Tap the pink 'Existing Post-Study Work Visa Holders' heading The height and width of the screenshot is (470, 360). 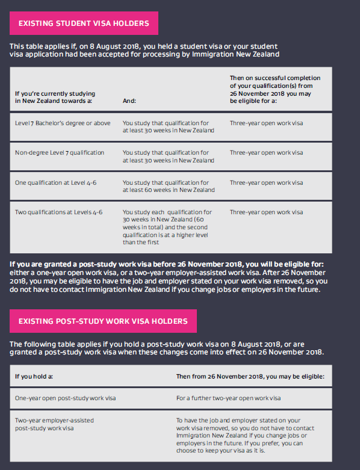point(103,321)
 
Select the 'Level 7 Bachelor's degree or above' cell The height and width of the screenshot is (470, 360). point(63,123)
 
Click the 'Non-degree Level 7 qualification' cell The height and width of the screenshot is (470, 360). point(60,153)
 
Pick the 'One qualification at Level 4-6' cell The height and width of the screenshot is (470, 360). point(55,183)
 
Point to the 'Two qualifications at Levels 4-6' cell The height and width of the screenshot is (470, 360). point(58,212)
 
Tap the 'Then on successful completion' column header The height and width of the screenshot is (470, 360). point(275,90)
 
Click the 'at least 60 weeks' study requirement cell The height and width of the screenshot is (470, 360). point(168,186)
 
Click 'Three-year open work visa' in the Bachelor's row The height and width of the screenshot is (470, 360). point(266,123)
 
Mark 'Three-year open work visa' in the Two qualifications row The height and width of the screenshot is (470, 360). point(266,212)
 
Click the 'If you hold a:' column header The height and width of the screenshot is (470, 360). point(34,376)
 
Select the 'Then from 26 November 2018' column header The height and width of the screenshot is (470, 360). point(250,376)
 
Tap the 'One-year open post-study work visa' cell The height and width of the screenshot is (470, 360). point(66,398)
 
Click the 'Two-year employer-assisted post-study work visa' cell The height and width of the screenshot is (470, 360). point(54,424)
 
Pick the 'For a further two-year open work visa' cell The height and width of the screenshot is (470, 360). point(229,398)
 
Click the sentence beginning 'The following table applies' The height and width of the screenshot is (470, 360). point(167,348)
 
